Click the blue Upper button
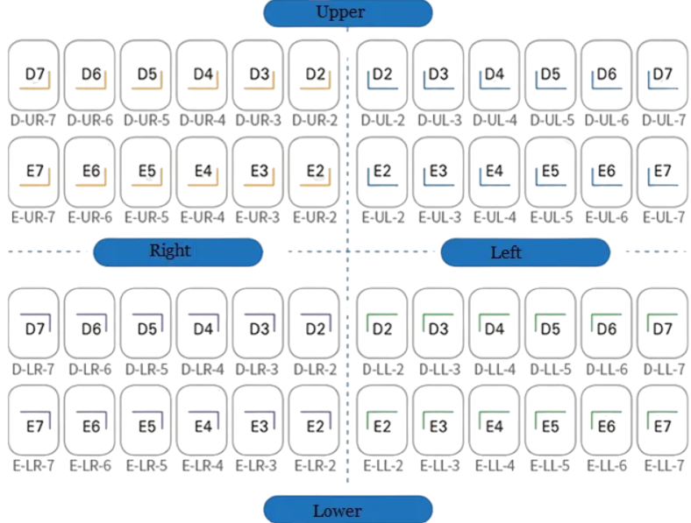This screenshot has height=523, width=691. pyautogui.click(x=348, y=13)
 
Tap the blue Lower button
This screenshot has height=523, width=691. pyautogui.click(x=348, y=509)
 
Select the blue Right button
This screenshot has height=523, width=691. pyautogui.click(x=178, y=251)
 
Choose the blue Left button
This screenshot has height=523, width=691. pyautogui.click(x=525, y=252)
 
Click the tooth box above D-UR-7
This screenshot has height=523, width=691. pyautogui.click(x=33, y=74)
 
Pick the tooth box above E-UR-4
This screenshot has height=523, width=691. pyautogui.click(x=202, y=172)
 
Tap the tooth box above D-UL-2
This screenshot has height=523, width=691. pyautogui.click(x=382, y=74)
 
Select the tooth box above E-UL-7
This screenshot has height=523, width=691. pyautogui.click(x=663, y=172)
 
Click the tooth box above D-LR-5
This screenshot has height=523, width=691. pyautogui.click(x=146, y=323)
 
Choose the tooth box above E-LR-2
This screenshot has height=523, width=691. pyautogui.click(x=314, y=420)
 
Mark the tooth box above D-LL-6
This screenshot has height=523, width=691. pyautogui.click(x=607, y=323)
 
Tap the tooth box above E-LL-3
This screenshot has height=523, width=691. pyautogui.click(x=438, y=420)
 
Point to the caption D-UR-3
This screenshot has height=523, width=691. pyautogui.click(x=258, y=120)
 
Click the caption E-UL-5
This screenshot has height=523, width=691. pyautogui.click(x=552, y=217)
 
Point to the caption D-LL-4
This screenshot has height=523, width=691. pyautogui.click(x=495, y=370)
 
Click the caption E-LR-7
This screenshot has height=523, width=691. pyautogui.click(x=33, y=465)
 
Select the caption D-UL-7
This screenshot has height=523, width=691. pyautogui.click(x=664, y=120)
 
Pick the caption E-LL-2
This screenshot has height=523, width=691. pyautogui.click(x=383, y=465)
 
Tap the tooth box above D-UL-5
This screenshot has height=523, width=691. pyautogui.click(x=551, y=74)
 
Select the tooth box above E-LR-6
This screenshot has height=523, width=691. pyautogui.click(x=90, y=420)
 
